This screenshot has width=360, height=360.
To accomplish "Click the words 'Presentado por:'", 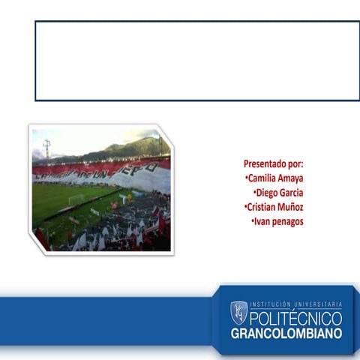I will click(273, 163).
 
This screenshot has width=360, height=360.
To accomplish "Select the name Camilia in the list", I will click(262, 178).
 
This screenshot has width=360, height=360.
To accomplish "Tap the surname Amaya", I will click(291, 178).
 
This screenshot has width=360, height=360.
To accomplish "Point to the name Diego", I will click(268, 193).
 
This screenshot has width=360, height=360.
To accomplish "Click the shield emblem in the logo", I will click(238, 310).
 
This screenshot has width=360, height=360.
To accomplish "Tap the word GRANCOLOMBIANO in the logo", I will click(286, 333).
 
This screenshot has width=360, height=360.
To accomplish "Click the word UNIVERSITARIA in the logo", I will click(319, 305).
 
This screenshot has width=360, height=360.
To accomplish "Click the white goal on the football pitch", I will click(76, 199).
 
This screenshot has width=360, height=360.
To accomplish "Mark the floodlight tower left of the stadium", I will click(46, 148).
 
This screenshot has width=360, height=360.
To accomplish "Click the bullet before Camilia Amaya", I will click(246, 178).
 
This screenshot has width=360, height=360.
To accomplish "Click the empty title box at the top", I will click(197, 61).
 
